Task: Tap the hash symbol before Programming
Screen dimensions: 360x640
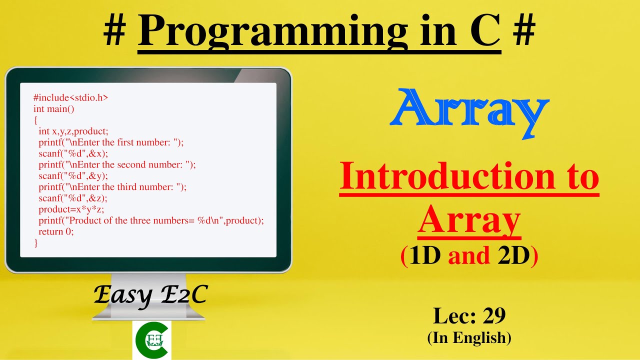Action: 115,31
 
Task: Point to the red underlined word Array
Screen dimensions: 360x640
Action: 469,221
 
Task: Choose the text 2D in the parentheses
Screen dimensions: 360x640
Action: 513,255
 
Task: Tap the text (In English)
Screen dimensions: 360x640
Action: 469,338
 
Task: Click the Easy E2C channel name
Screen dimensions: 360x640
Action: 150,295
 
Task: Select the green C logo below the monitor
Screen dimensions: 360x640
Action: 151,339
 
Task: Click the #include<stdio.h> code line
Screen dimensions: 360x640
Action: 70,98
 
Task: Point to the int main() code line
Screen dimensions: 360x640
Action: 53,109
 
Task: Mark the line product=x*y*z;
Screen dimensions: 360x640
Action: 71,209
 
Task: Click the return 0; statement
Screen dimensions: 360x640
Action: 56,232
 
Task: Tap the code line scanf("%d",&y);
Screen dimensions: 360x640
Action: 73,176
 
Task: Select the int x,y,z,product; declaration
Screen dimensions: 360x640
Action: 73,131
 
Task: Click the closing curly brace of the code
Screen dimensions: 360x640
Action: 35,243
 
